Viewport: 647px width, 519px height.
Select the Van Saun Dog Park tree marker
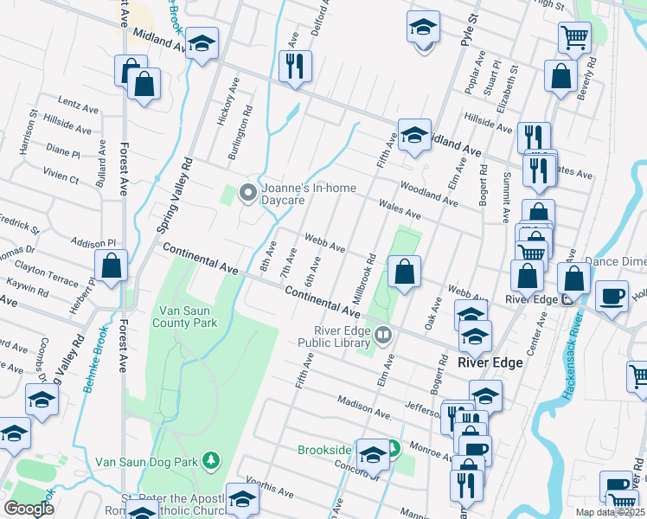(209, 458)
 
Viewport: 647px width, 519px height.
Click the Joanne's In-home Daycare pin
(247, 192)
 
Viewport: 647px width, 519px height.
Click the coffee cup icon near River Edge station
(612, 295)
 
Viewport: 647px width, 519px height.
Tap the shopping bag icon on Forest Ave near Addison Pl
(112, 266)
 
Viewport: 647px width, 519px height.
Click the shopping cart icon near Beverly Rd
(574, 37)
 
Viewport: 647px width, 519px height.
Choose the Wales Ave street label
(400, 208)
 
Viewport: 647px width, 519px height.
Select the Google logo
(29, 508)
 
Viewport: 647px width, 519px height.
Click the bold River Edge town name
(490, 363)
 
